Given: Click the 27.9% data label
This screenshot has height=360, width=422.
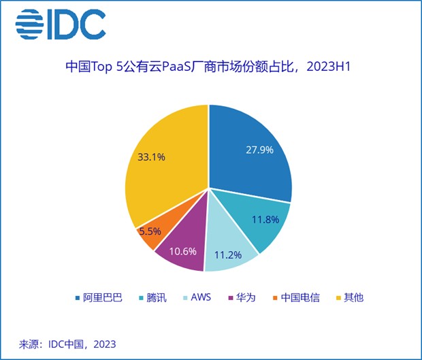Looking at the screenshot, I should coord(259,150).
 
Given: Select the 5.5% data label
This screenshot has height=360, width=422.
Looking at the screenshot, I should coord(150,231).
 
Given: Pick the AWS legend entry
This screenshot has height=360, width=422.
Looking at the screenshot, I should coord(198,299).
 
